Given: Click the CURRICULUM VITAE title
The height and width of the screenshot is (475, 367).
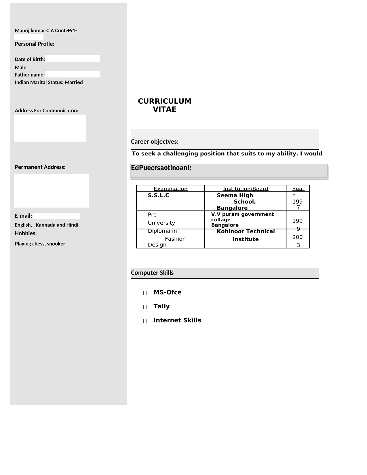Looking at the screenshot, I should point(164,105).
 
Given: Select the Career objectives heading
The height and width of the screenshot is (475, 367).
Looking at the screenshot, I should point(155,142).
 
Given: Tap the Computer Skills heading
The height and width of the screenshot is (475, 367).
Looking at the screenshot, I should point(152,273).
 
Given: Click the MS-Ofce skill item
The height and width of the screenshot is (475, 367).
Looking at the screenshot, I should point(168,292).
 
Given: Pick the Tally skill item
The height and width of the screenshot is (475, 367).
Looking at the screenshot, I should point(161,306).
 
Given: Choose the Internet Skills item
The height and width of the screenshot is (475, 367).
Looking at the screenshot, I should point(177,320).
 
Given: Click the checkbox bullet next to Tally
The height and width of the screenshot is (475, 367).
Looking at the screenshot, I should point(145,307).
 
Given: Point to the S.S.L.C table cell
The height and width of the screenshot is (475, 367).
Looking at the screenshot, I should point(158,195).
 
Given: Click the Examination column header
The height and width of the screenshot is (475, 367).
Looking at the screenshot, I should point(170,189).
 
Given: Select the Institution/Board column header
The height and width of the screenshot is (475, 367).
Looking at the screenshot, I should point(246,189).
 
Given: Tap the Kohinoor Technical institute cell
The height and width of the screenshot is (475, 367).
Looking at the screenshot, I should point(246,235).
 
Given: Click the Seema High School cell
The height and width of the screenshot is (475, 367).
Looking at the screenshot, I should point(236,202).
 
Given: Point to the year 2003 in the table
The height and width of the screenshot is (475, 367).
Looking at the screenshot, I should point(298,241).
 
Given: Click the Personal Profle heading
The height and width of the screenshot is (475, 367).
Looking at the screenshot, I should point(35,44).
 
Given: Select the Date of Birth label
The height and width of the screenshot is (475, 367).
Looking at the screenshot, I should point(30,59).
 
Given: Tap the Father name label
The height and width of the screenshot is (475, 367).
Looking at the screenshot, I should point(30,75).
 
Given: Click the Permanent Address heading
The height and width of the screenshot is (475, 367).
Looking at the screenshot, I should point(40,167).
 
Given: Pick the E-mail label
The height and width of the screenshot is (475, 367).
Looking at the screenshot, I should point(23,216).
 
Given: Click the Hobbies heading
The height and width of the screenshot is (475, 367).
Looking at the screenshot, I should point(26,233).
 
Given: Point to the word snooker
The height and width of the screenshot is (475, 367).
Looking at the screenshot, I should point(56,244).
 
